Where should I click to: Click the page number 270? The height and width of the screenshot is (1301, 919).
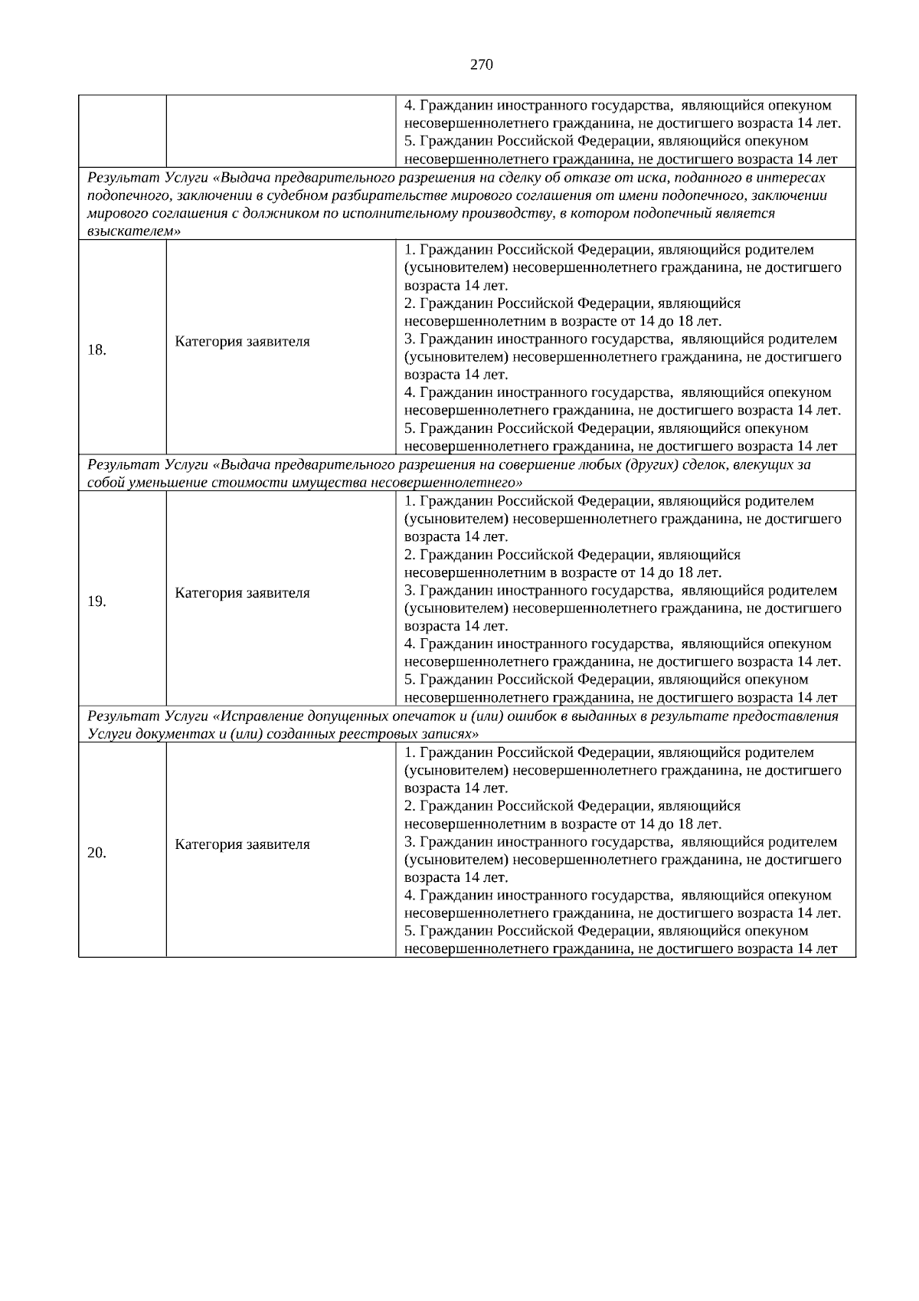click(x=481, y=65)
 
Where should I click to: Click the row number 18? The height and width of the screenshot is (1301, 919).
click(x=96, y=350)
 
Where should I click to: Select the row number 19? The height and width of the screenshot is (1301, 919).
click(x=96, y=601)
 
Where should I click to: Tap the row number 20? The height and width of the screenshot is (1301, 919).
click(x=96, y=853)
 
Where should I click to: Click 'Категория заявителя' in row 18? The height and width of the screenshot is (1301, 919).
click(x=242, y=342)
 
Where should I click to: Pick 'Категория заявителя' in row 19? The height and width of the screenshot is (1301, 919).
click(x=242, y=593)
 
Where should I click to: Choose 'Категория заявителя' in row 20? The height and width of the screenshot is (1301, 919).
click(x=242, y=844)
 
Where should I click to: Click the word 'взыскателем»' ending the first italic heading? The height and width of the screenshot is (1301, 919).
click(x=134, y=231)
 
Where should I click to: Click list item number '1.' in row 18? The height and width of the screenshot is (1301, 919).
click(x=409, y=250)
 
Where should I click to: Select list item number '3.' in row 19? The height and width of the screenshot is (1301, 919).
click(x=409, y=591)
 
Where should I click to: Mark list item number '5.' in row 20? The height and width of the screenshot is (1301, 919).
click(x=409, y=931)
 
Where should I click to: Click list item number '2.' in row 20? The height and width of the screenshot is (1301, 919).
click(x=409, y=806)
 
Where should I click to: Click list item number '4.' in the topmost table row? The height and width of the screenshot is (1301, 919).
click(x=409, y=106)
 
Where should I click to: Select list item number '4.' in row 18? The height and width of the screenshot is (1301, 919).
click(x=409, y=393)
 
